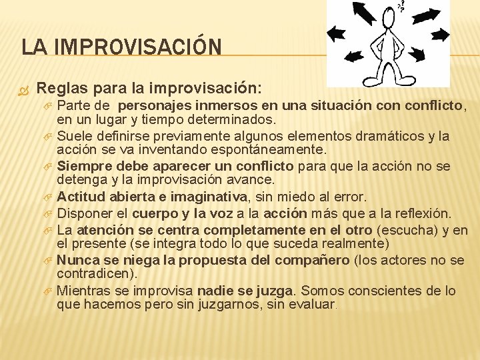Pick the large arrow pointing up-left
tap(363, 13)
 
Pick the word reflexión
tap(423, 213)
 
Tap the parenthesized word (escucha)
tap(404, 229)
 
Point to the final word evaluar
tap(314, 305)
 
